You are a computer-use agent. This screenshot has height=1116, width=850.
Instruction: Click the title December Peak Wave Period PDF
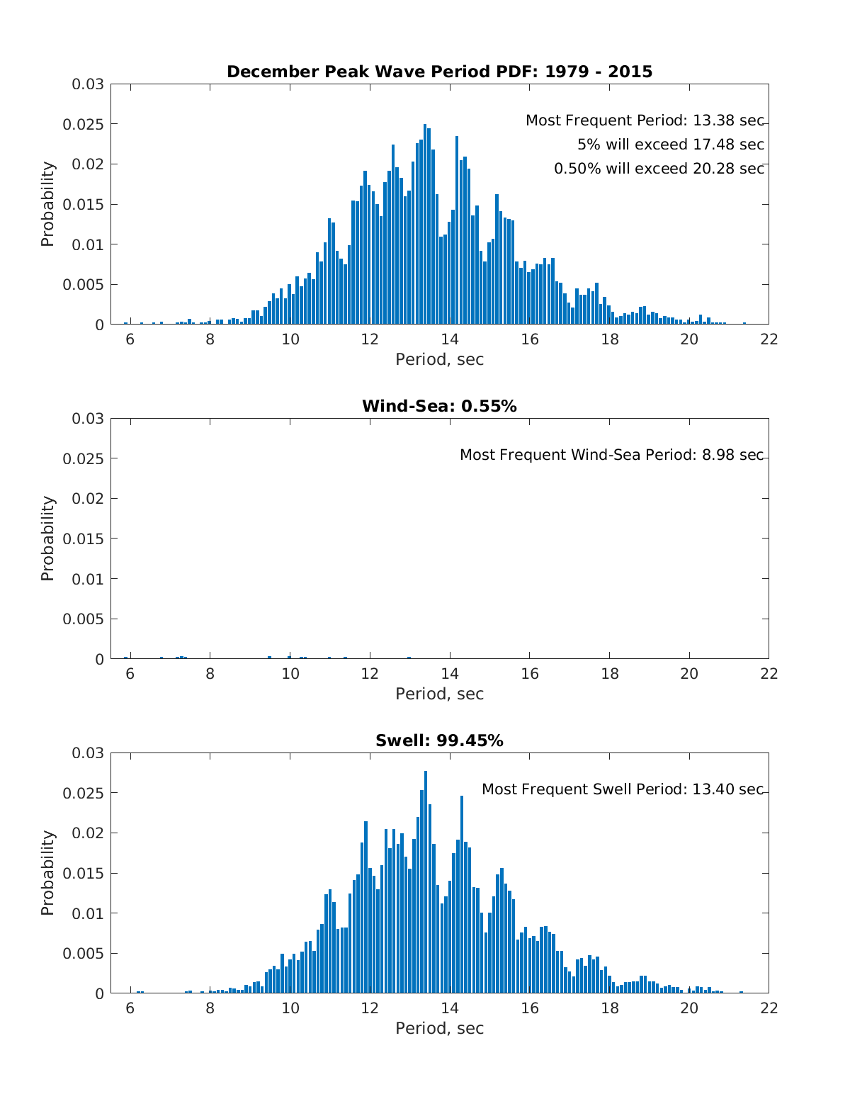click(439, 72)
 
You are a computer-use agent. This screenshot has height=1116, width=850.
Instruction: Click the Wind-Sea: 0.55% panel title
click(439, 406)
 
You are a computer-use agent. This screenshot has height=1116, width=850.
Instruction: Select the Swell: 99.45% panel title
click(439, 740)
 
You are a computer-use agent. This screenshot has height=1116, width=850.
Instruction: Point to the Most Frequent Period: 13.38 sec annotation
click(645, 121)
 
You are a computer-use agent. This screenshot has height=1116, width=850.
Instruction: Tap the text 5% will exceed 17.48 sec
click(671, 145)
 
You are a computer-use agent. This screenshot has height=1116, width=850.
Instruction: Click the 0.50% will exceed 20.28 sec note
click(659, 169)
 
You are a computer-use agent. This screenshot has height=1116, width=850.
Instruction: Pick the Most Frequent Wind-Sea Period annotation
click(612, 455)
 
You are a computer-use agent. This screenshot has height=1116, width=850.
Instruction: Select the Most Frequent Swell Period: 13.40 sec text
click(623, 789)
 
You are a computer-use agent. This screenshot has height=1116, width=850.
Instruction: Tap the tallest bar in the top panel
click(425, 224)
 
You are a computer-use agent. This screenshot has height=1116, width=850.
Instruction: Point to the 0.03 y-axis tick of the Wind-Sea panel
click(88, 419)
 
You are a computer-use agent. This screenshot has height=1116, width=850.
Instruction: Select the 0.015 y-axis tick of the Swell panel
click(83, 874)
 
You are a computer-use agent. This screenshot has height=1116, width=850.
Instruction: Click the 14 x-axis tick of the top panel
click(450, 339)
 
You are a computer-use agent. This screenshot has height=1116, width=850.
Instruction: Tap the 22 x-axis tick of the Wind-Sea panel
click(769, 673)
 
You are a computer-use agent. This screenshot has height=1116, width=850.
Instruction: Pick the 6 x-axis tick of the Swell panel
click(130, 1008)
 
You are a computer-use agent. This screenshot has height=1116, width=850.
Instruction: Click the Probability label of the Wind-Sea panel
click(47, 539)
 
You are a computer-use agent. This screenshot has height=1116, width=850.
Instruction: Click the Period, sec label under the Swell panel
click(439, 1028)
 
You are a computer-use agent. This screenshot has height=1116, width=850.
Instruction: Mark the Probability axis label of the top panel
click(47, 204)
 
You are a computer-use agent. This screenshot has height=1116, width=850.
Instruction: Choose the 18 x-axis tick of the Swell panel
click(609, 1008)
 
